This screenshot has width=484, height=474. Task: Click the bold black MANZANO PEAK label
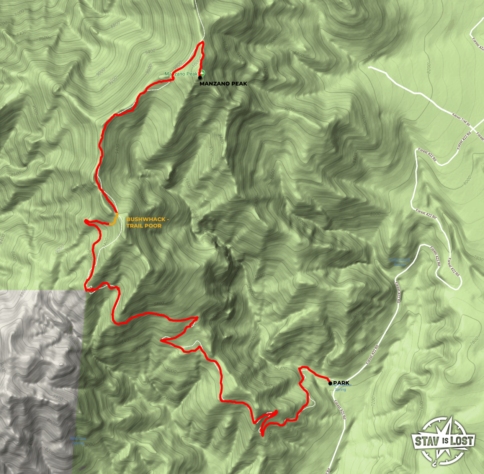223,83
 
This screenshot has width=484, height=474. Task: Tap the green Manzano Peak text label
181,74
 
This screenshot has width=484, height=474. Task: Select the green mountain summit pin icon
202,73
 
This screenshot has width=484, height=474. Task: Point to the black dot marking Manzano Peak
200,77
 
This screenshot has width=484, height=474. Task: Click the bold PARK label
341,383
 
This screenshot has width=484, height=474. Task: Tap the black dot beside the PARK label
330,383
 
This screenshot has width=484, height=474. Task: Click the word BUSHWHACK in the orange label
146,219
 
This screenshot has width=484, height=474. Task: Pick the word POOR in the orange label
153,226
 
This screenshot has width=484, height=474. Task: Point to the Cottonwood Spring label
399,262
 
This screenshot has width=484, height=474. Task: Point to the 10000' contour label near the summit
196,62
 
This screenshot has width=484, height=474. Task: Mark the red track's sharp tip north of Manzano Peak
202,42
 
